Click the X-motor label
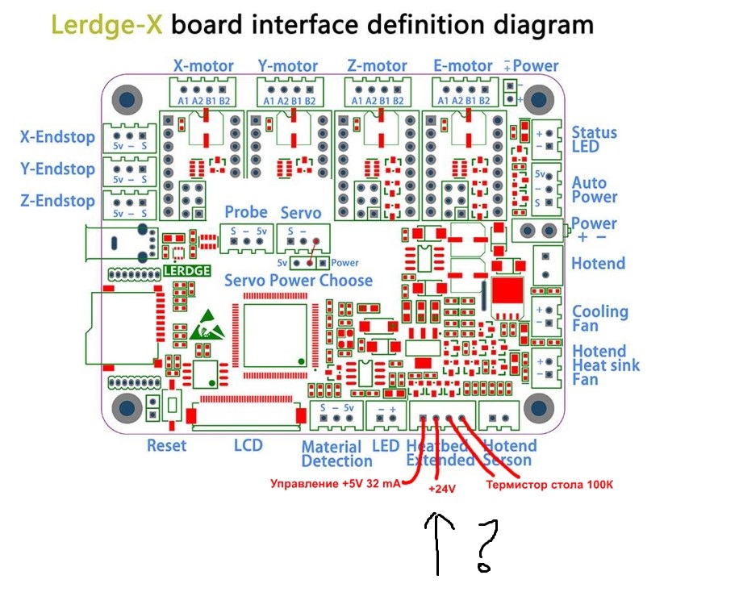203,66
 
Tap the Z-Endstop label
57,201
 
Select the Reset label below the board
166,445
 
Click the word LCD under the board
248,445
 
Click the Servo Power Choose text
298,281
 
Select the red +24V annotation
441,490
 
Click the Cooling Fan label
599,319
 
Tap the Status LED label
594,140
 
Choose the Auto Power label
595,190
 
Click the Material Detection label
336,454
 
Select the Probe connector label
246,212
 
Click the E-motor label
462,66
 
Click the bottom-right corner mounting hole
538,408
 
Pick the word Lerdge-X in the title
107,24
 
